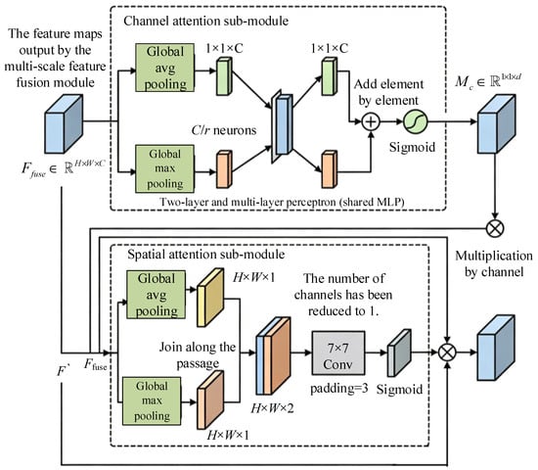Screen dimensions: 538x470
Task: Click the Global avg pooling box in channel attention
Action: click(164, 68)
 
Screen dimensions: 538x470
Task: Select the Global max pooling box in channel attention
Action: click(164, 168)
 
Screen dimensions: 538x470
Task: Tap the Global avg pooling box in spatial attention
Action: click(157, 295)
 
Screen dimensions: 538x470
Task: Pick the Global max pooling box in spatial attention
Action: click(152, 400)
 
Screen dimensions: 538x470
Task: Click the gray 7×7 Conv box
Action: click(338, 352)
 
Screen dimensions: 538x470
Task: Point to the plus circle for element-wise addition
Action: click(371, 121)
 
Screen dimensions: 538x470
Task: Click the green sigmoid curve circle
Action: click(415, 121)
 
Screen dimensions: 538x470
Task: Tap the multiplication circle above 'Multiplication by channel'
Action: click(495, 228)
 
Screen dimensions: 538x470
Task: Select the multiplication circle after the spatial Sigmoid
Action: click(447, 352)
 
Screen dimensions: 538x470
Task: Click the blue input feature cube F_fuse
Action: click(64, 124)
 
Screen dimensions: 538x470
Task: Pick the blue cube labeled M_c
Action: click(497, 124)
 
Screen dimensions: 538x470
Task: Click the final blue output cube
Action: click(496, 348)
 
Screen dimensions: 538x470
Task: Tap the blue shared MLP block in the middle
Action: click(282, 125)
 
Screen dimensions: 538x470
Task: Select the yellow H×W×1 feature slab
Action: click(210, 298)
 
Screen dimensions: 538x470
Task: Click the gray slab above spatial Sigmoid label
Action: click(399, 352)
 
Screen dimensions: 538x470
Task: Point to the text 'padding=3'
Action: click(339, 388)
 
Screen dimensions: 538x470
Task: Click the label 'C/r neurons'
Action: click(224, 130)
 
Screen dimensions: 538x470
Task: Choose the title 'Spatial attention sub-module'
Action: click(205, 255)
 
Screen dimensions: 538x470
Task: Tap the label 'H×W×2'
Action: click(273, 408)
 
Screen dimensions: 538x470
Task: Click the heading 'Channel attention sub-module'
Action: click(205, 21)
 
